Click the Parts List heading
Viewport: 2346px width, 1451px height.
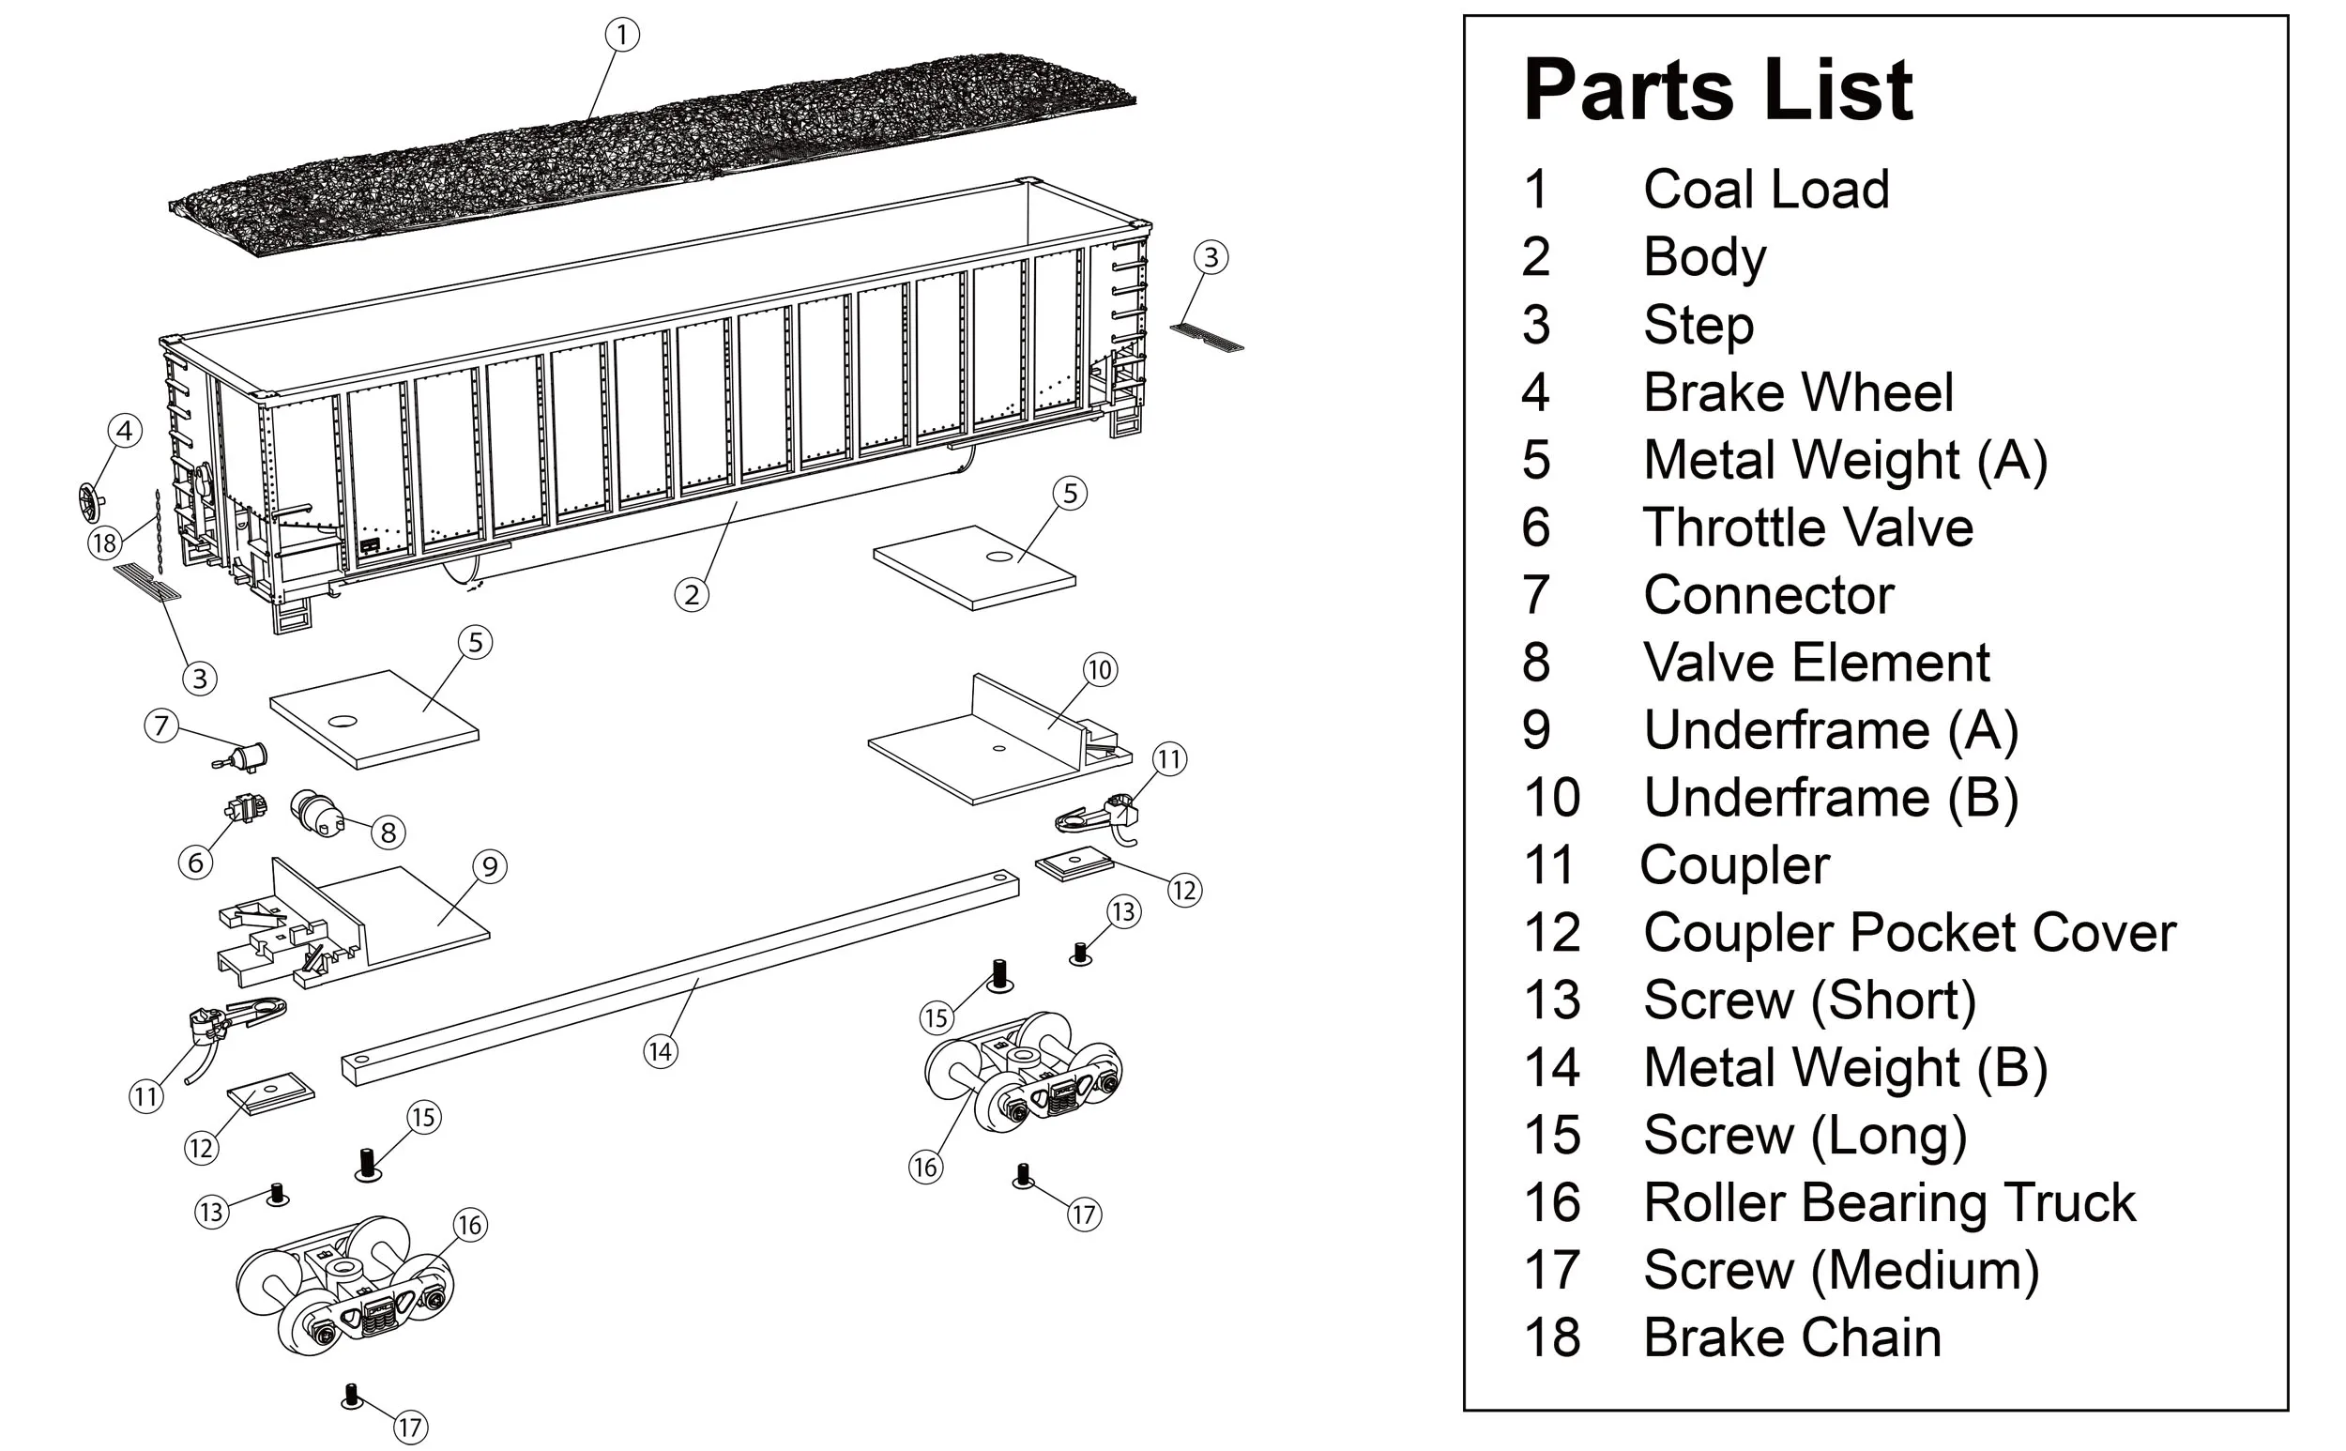coord(1717,90)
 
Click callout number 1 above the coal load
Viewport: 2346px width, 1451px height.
coord(622,36)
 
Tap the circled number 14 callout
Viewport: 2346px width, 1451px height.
coord(660,1052)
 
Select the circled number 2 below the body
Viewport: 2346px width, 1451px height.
coord(692,595)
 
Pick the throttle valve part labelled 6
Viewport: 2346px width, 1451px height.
coord(246,808)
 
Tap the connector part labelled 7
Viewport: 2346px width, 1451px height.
coord(245,758)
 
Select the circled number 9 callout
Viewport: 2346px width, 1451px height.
coord(490,866)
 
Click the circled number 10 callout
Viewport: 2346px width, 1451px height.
coord(1100,670)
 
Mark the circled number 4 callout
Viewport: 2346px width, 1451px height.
coord(125,431)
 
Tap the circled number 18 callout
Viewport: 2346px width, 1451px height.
coord(103,544)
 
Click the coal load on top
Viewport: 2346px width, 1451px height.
coord(652,154)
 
